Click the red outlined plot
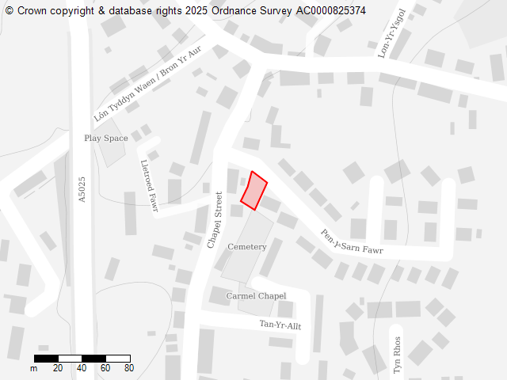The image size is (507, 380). (x=253, y=191)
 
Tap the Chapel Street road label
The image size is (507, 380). (x=215, y=220)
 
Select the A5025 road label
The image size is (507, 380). (x=82, y=189)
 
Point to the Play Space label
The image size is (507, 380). (x=106, y=138)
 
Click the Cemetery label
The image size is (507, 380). (x=247, y=247)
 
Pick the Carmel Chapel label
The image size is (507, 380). (x=256, y=295)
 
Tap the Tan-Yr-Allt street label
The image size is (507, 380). (x=280, y=325)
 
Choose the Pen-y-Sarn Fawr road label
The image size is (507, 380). (x=351, y=242)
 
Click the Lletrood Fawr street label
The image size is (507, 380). (x=149, y=186)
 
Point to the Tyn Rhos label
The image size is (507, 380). (x=397, y=355)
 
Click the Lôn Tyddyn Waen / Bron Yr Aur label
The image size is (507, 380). (x=148, y=83)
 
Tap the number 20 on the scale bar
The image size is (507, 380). (x=58, y=368)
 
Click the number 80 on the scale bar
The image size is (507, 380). (x=129, y=368)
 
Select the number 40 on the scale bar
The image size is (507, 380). (x=82, y=368)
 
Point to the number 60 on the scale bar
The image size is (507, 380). (x=105, y=368)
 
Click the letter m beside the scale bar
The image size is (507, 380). (x=34, y=368)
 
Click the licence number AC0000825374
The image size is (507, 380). (x=331, y=10)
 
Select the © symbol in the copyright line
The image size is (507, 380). (x=10, y=10)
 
